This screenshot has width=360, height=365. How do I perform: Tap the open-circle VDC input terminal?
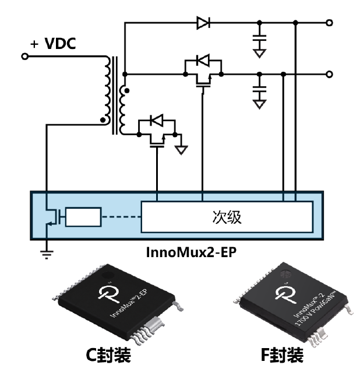click(24, 57)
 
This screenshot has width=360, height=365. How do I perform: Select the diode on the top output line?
click(203, 23)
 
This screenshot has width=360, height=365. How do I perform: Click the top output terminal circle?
click(330, 23)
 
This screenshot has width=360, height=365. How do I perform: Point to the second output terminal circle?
click(330, 74)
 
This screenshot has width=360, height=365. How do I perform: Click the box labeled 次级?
click(227, 217)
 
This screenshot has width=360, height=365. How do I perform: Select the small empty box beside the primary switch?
click(83, 217)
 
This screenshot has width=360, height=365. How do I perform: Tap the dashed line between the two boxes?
click(121, 217)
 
